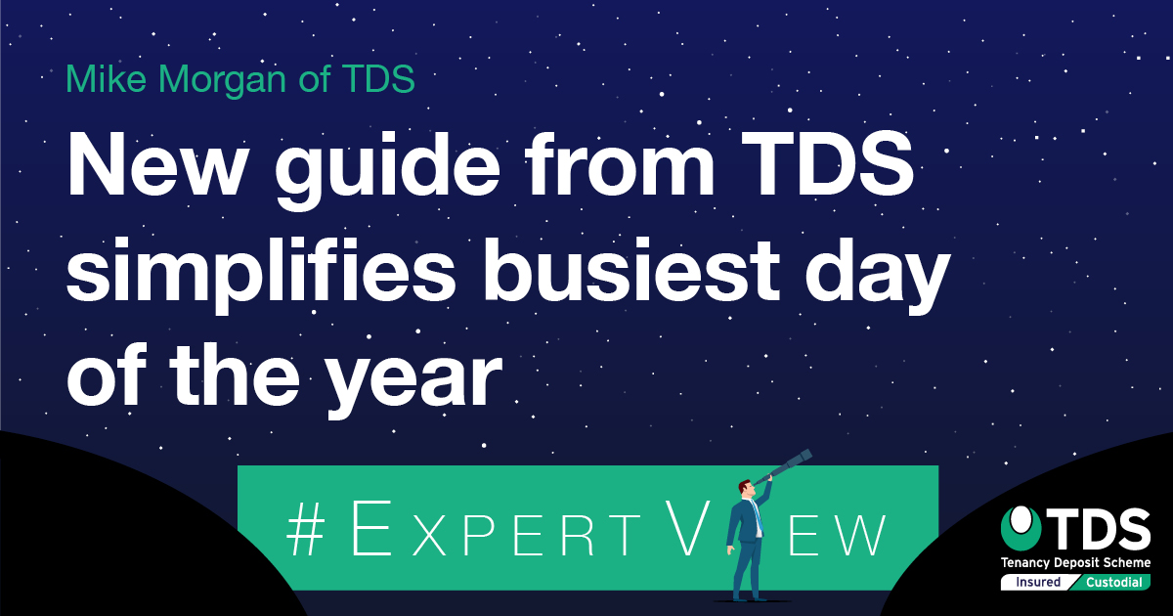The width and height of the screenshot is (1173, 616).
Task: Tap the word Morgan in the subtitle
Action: [x=223, y=82]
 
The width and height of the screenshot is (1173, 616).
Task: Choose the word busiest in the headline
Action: [x=629, y=270]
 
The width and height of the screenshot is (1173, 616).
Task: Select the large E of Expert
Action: [x=371, y=527]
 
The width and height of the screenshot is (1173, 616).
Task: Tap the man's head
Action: [x=746, y=488]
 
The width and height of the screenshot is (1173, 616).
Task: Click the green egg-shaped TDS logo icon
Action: [x=1021, y=528]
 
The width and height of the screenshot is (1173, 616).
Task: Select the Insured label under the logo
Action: [x=1038, y=582]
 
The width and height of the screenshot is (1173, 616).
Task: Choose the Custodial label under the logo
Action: [x=1113, y=582]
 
